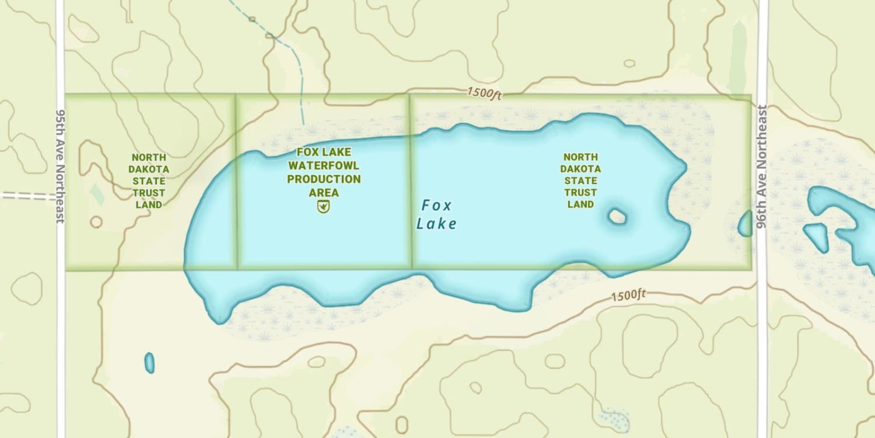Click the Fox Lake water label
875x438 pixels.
(x=436, y=214)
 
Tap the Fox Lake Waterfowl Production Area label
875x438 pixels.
(x=324, y=172)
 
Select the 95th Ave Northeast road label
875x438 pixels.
(x=60, y=165)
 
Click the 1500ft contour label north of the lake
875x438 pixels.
(x=484, y=93)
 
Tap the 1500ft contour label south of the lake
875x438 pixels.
(x=628, y=296)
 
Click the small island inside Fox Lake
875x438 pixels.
(x=617, y=217)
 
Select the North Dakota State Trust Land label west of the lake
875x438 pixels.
(x=149, y=181)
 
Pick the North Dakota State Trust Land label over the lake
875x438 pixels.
(x=580, y=180)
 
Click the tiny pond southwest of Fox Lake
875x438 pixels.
(x=149, y=363)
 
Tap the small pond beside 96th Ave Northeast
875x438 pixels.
(x=745, y=224)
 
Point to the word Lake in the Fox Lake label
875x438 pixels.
(x=436, y=224)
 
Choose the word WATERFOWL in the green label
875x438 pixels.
(x=324, y=166)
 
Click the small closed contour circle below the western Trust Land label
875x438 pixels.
(x=96, y=222)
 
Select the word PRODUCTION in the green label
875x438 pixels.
(x=324, y=179)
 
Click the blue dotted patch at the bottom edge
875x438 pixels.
(x=614, y=419)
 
